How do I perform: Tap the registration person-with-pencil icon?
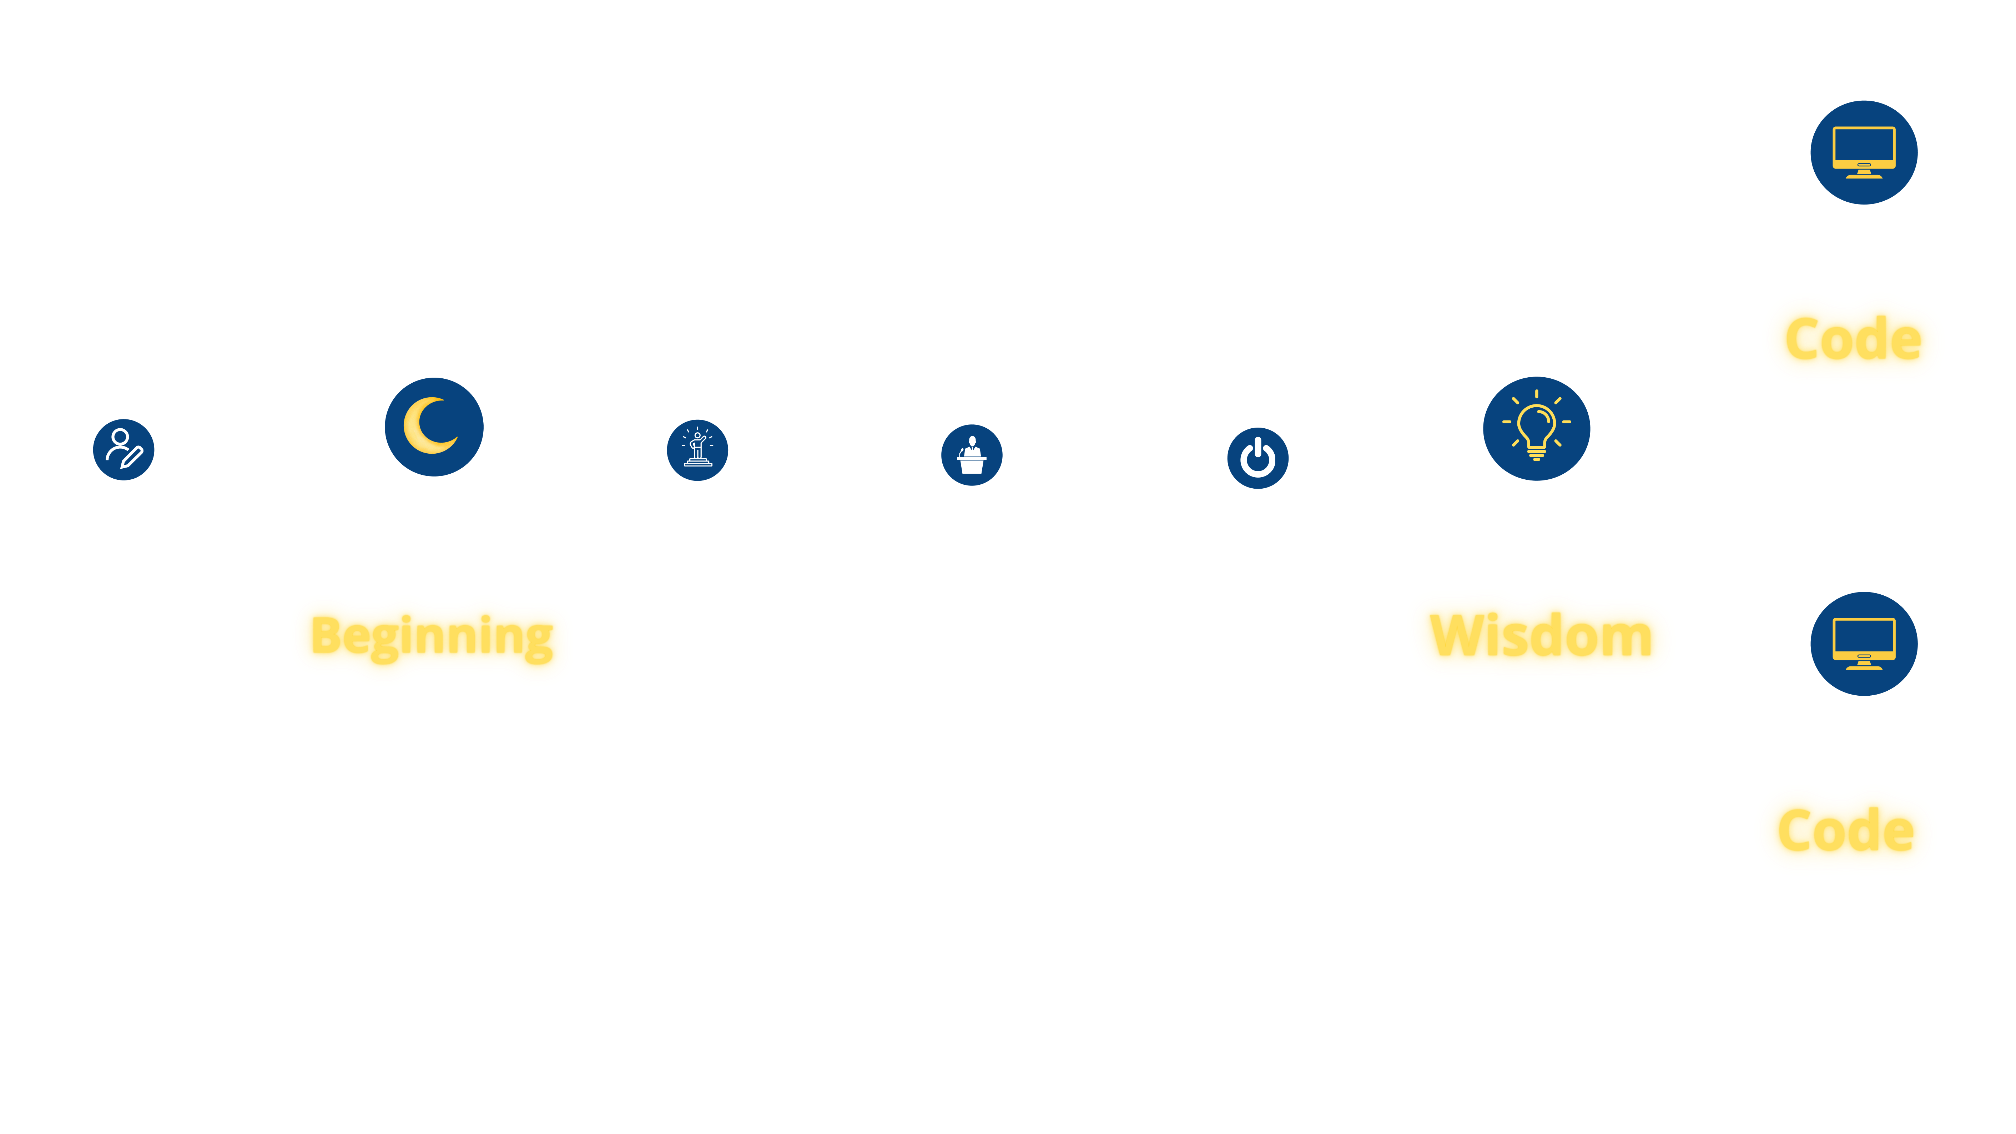tap(123, 449)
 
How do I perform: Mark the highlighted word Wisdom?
tap(1540, 636)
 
